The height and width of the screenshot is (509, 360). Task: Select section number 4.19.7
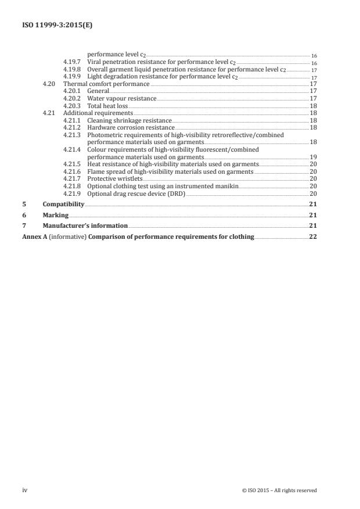[72, 61]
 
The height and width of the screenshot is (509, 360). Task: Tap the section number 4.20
[49, 84]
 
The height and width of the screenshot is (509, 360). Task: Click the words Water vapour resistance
[121, 98]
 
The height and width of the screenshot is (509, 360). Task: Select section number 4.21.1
[72, 120]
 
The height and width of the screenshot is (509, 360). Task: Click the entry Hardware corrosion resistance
[130, 127]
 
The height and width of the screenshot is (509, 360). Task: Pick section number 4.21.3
[72, 135]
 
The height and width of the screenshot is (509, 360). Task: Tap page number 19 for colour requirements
[312, 157]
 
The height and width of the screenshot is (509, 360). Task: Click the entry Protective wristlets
[114, 179]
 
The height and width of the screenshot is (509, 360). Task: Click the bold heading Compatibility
[63, 205]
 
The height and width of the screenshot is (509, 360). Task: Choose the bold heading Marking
[55, 215]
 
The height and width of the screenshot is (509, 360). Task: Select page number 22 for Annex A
[312, 236]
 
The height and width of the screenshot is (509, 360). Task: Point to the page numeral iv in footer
[25, 490]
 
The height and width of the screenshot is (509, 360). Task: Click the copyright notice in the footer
[279, 490]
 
